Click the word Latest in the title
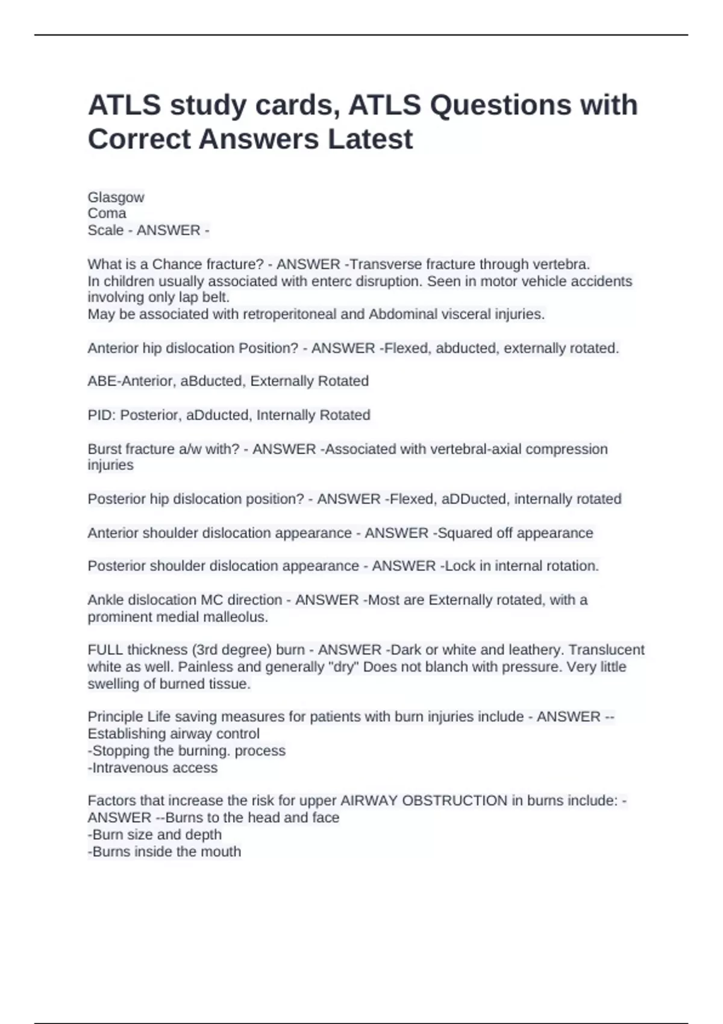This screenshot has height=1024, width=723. [370, 139]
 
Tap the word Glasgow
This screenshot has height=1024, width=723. [116, 198]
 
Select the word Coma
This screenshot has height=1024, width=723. [107, 213]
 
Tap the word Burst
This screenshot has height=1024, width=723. [105, 449]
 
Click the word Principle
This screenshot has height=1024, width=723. [115, 717]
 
